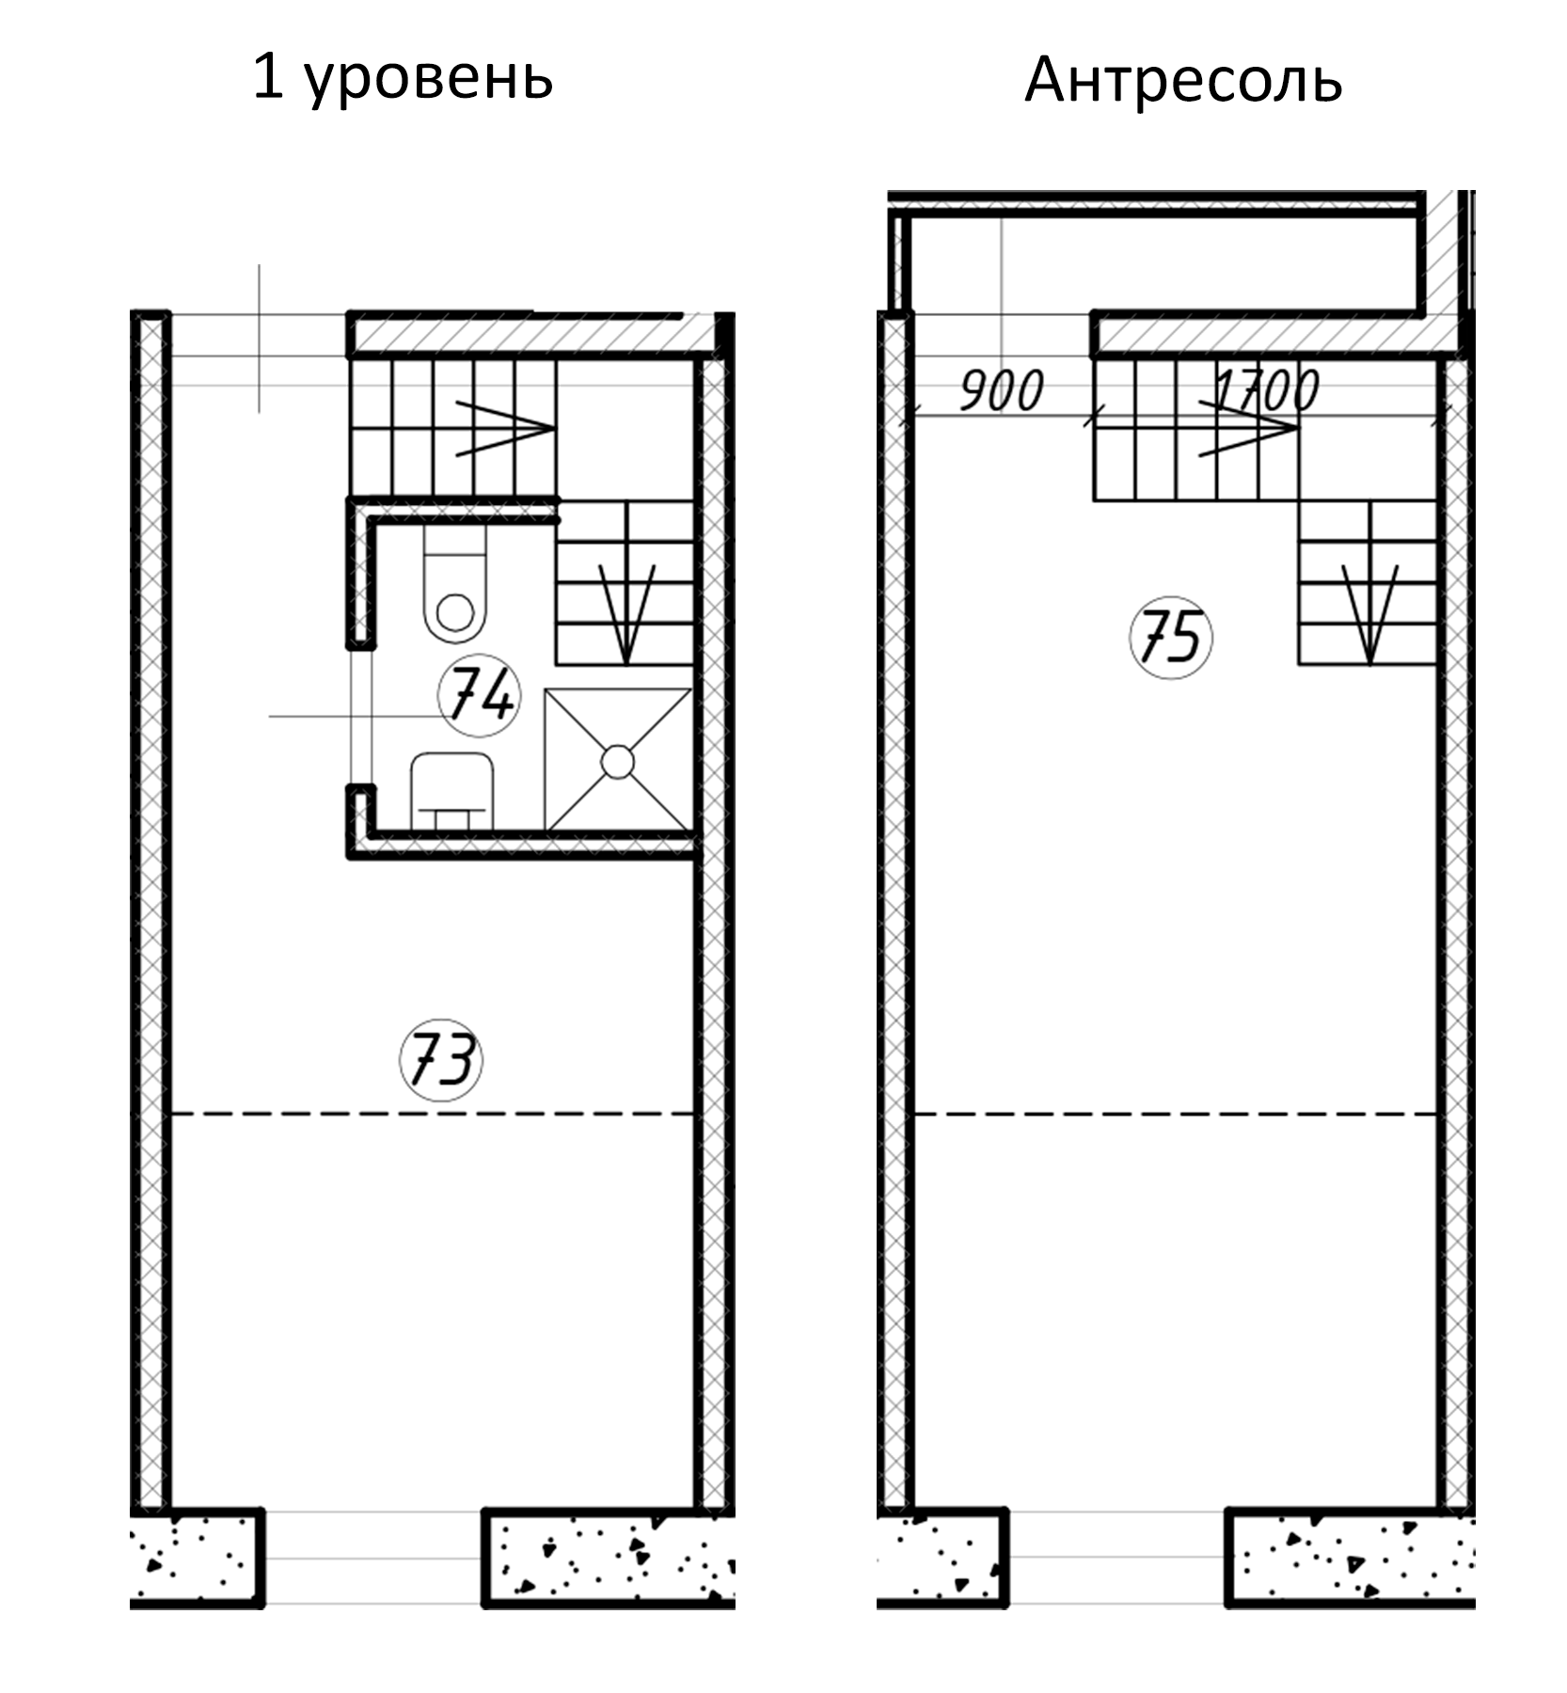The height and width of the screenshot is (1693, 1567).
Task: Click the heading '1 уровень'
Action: tap(403, 78)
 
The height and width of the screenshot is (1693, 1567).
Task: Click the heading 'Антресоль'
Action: tap(1182, 81)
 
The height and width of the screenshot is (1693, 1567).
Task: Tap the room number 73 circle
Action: tap(441, 1060)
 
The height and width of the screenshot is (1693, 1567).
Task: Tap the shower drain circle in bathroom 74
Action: tap(617, 761)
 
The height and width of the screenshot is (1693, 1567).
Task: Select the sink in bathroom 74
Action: tap(452, 788)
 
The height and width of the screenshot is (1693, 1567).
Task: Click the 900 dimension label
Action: tap(1001, 390)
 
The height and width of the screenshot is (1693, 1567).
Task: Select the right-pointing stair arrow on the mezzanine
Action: tap(1247, 429)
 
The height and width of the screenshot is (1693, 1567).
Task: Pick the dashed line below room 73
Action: tap(433, 1114)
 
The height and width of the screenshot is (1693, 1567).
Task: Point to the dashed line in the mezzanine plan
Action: tap(1176, 1114)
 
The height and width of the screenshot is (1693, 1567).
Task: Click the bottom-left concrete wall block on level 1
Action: tap(198, 1557)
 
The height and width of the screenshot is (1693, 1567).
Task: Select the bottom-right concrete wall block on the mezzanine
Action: tap(1351, 1557)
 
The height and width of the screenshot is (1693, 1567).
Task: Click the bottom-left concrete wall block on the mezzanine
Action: tap(942, 1557)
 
